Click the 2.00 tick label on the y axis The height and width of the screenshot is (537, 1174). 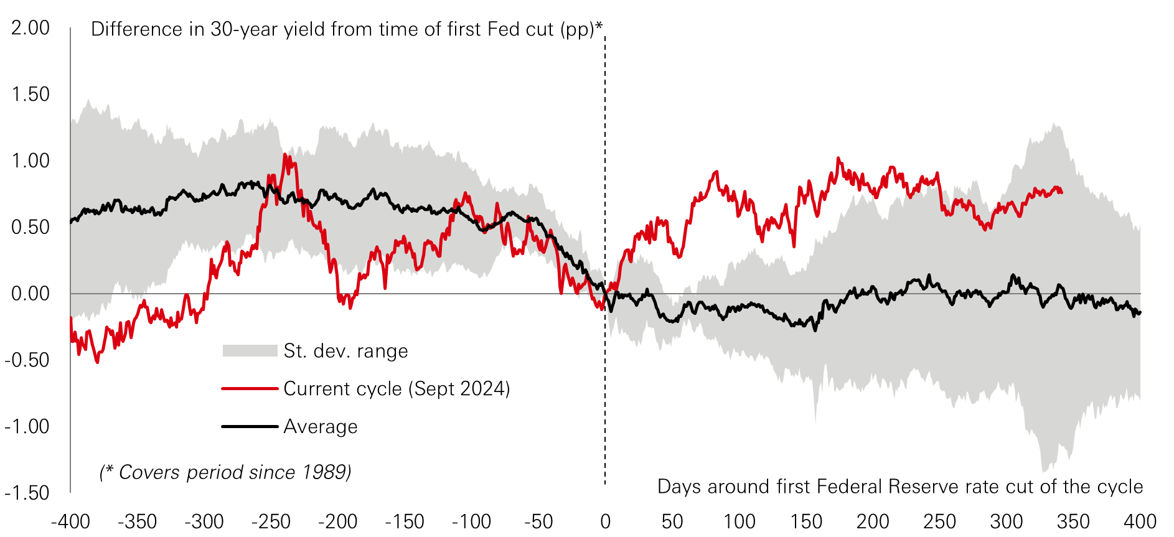pos(31,28)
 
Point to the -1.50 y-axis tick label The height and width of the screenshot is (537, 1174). pos(27,493)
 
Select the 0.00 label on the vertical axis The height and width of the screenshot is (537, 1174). pos(31,294)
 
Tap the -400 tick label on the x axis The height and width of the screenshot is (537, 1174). pos(70,521)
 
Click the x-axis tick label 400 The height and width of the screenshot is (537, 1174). pos(1140,521)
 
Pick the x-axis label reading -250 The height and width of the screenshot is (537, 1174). pos(271,521)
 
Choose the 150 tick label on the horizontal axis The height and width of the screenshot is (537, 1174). pos(805,521)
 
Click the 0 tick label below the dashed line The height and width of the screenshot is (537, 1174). pos(605,521)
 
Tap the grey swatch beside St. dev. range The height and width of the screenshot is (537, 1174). pos(250,351)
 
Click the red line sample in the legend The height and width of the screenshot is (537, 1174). pos(250,389)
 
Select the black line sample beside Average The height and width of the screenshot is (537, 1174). pos(250,427)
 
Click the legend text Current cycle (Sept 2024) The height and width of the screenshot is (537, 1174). pos(397,389)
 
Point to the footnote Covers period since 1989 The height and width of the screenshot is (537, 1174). pos(225,472)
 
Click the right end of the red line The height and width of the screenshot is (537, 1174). pos(1061,192)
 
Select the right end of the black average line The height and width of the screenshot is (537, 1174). pos(1140,312)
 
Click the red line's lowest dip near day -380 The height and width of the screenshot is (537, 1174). pos(97,362)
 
